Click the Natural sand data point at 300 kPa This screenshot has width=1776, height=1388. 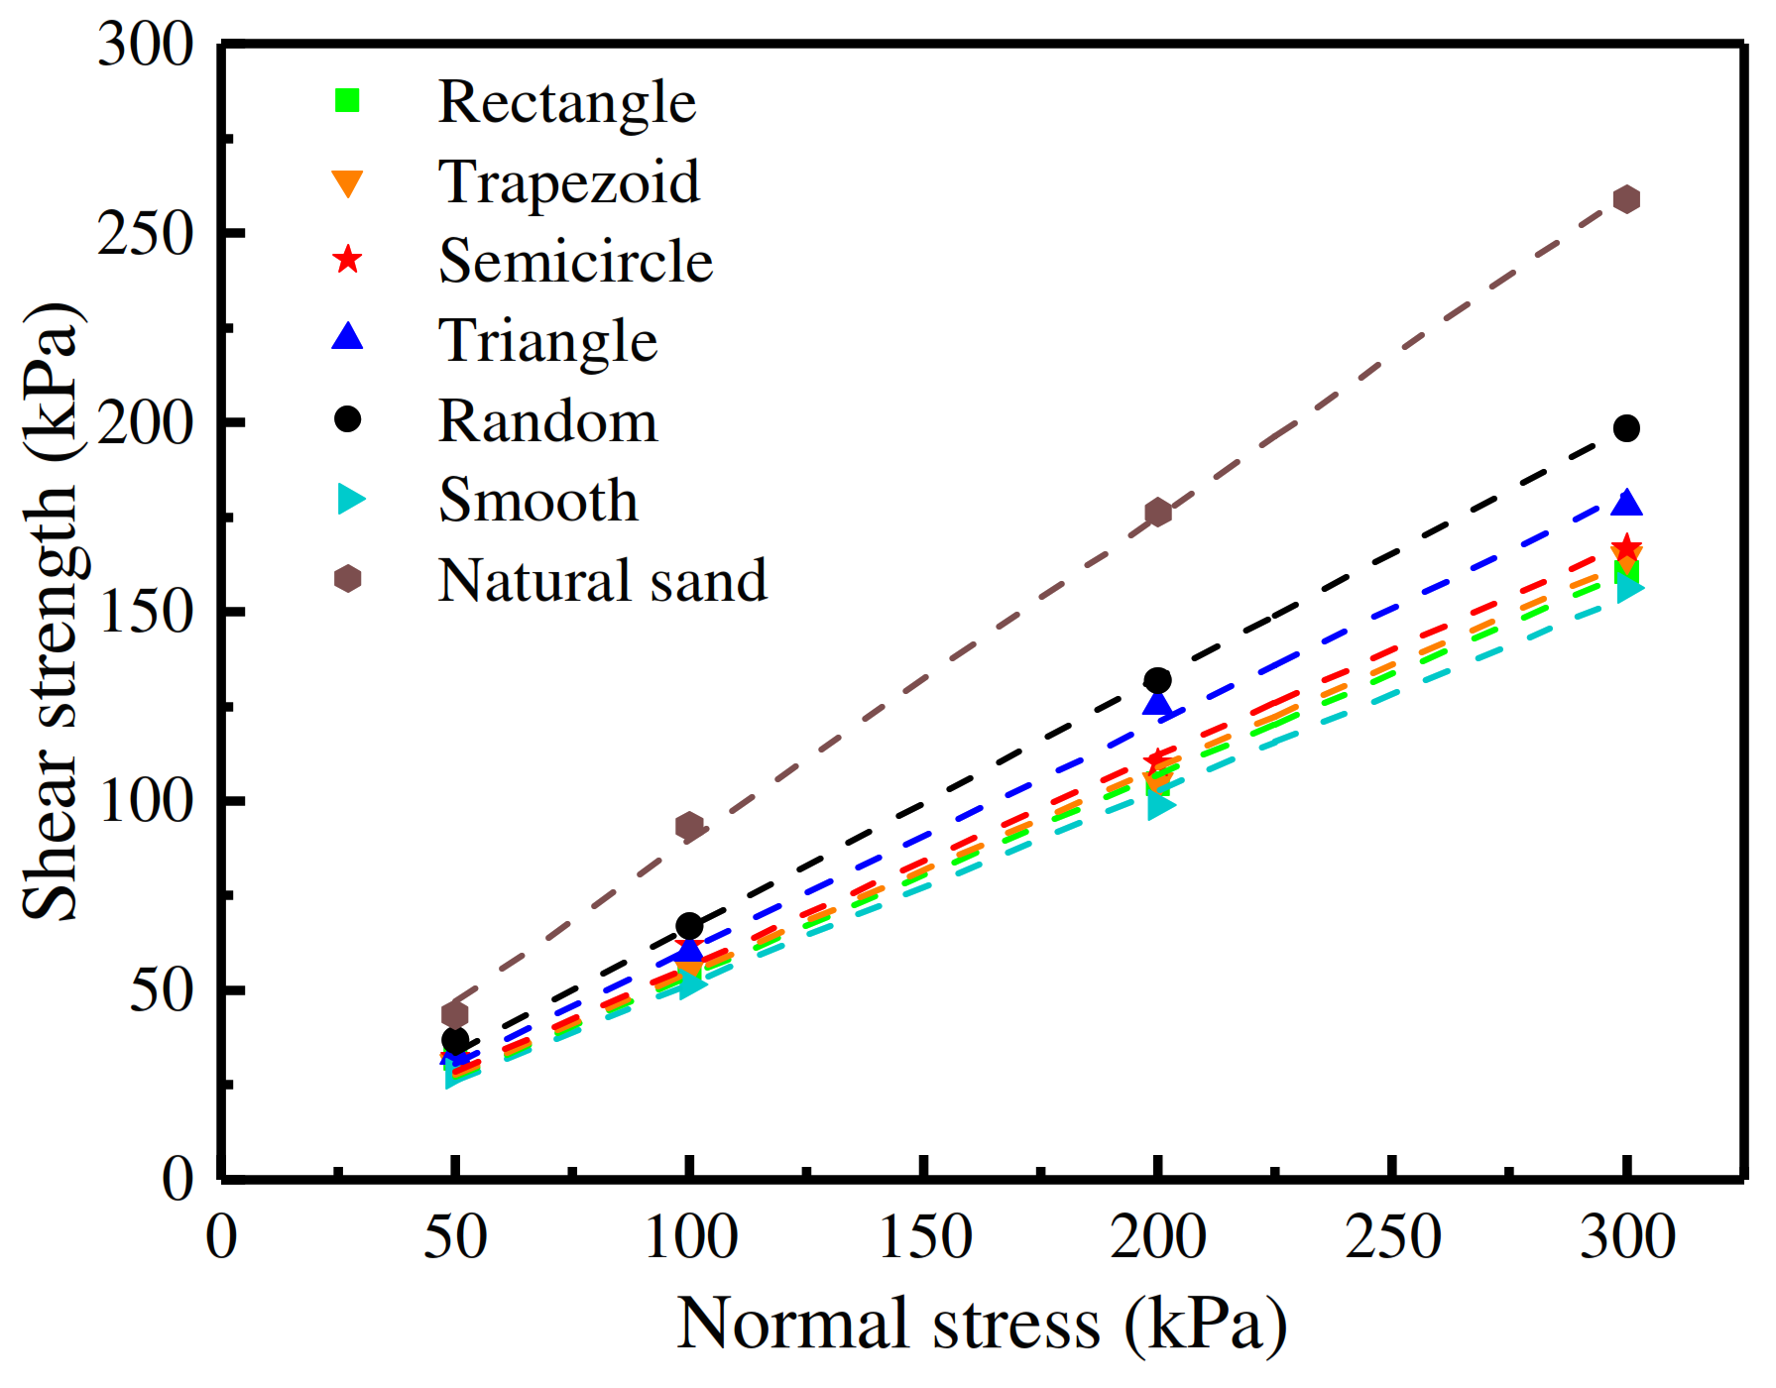(x=1626, y=199)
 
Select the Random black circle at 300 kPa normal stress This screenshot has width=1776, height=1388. (x=1626, y=428)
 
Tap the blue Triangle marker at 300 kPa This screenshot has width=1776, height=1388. (x=1626, y=504)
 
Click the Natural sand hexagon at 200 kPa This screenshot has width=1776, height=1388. (x=1157, y=513)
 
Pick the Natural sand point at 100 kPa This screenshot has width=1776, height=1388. (x=689, y=826)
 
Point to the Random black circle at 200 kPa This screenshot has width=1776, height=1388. (x=1157, y=680)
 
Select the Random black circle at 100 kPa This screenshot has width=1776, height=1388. (x=689, y=926)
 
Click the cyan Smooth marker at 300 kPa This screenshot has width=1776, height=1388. (x=1629, y=588)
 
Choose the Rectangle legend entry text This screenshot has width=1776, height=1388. (x=566, y=102)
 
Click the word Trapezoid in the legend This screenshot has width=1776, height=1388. (x=568, y=182)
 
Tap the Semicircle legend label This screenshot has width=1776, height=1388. (x=575, y=262)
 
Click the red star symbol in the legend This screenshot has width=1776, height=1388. (x=347, y=261)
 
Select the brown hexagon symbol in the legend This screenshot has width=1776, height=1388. (x=347, y=579)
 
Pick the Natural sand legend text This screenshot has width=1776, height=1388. (x=602, y=581)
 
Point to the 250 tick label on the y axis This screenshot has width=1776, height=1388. (x=145, y=235)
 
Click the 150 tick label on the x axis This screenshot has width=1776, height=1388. (x=924, y=1237)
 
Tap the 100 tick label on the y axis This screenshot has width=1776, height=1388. (x=145, y=801)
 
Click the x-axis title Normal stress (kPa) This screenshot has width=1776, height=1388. (x=981, y=1325)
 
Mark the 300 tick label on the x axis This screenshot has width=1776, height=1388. (x=1626, y=1237)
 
